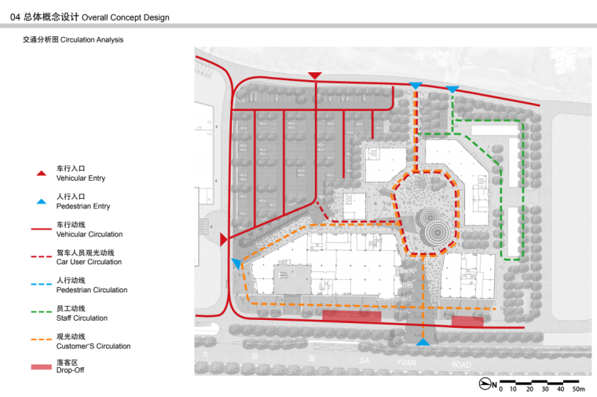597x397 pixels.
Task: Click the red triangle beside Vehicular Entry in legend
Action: [x=41, y=174]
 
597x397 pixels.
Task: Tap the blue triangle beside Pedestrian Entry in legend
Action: [x=41, y=201]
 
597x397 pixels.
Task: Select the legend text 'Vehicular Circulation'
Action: [x=90, y=234]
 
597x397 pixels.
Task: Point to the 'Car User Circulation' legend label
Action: [x=89, y=262]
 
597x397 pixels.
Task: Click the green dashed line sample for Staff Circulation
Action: [x=41, y=311]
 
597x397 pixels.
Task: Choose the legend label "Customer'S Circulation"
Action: [x=93, y=347]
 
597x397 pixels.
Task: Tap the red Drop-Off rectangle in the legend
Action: [x=41, y=367]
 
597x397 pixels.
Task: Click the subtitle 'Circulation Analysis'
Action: [x=92, y=39]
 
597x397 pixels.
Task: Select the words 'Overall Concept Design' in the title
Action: [x=125, y=17]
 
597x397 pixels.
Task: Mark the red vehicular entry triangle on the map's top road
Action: [x=315, y=75]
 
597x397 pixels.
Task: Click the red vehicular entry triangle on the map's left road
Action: [x=224, y=239]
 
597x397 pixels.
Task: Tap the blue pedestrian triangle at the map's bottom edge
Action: [x=423, y=342]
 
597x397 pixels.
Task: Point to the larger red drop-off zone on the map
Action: [x=351, y=316]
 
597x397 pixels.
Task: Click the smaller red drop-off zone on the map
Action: [x=467, y=322]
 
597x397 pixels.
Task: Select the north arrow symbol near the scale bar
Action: [x=485, y=384]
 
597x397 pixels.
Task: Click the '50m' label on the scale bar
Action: [x=578, y=389]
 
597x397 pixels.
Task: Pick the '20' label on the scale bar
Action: [x=529, y=389]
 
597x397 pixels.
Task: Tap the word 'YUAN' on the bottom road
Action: [x=406, y=362]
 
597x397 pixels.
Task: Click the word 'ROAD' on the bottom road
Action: [x=461, y=365]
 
